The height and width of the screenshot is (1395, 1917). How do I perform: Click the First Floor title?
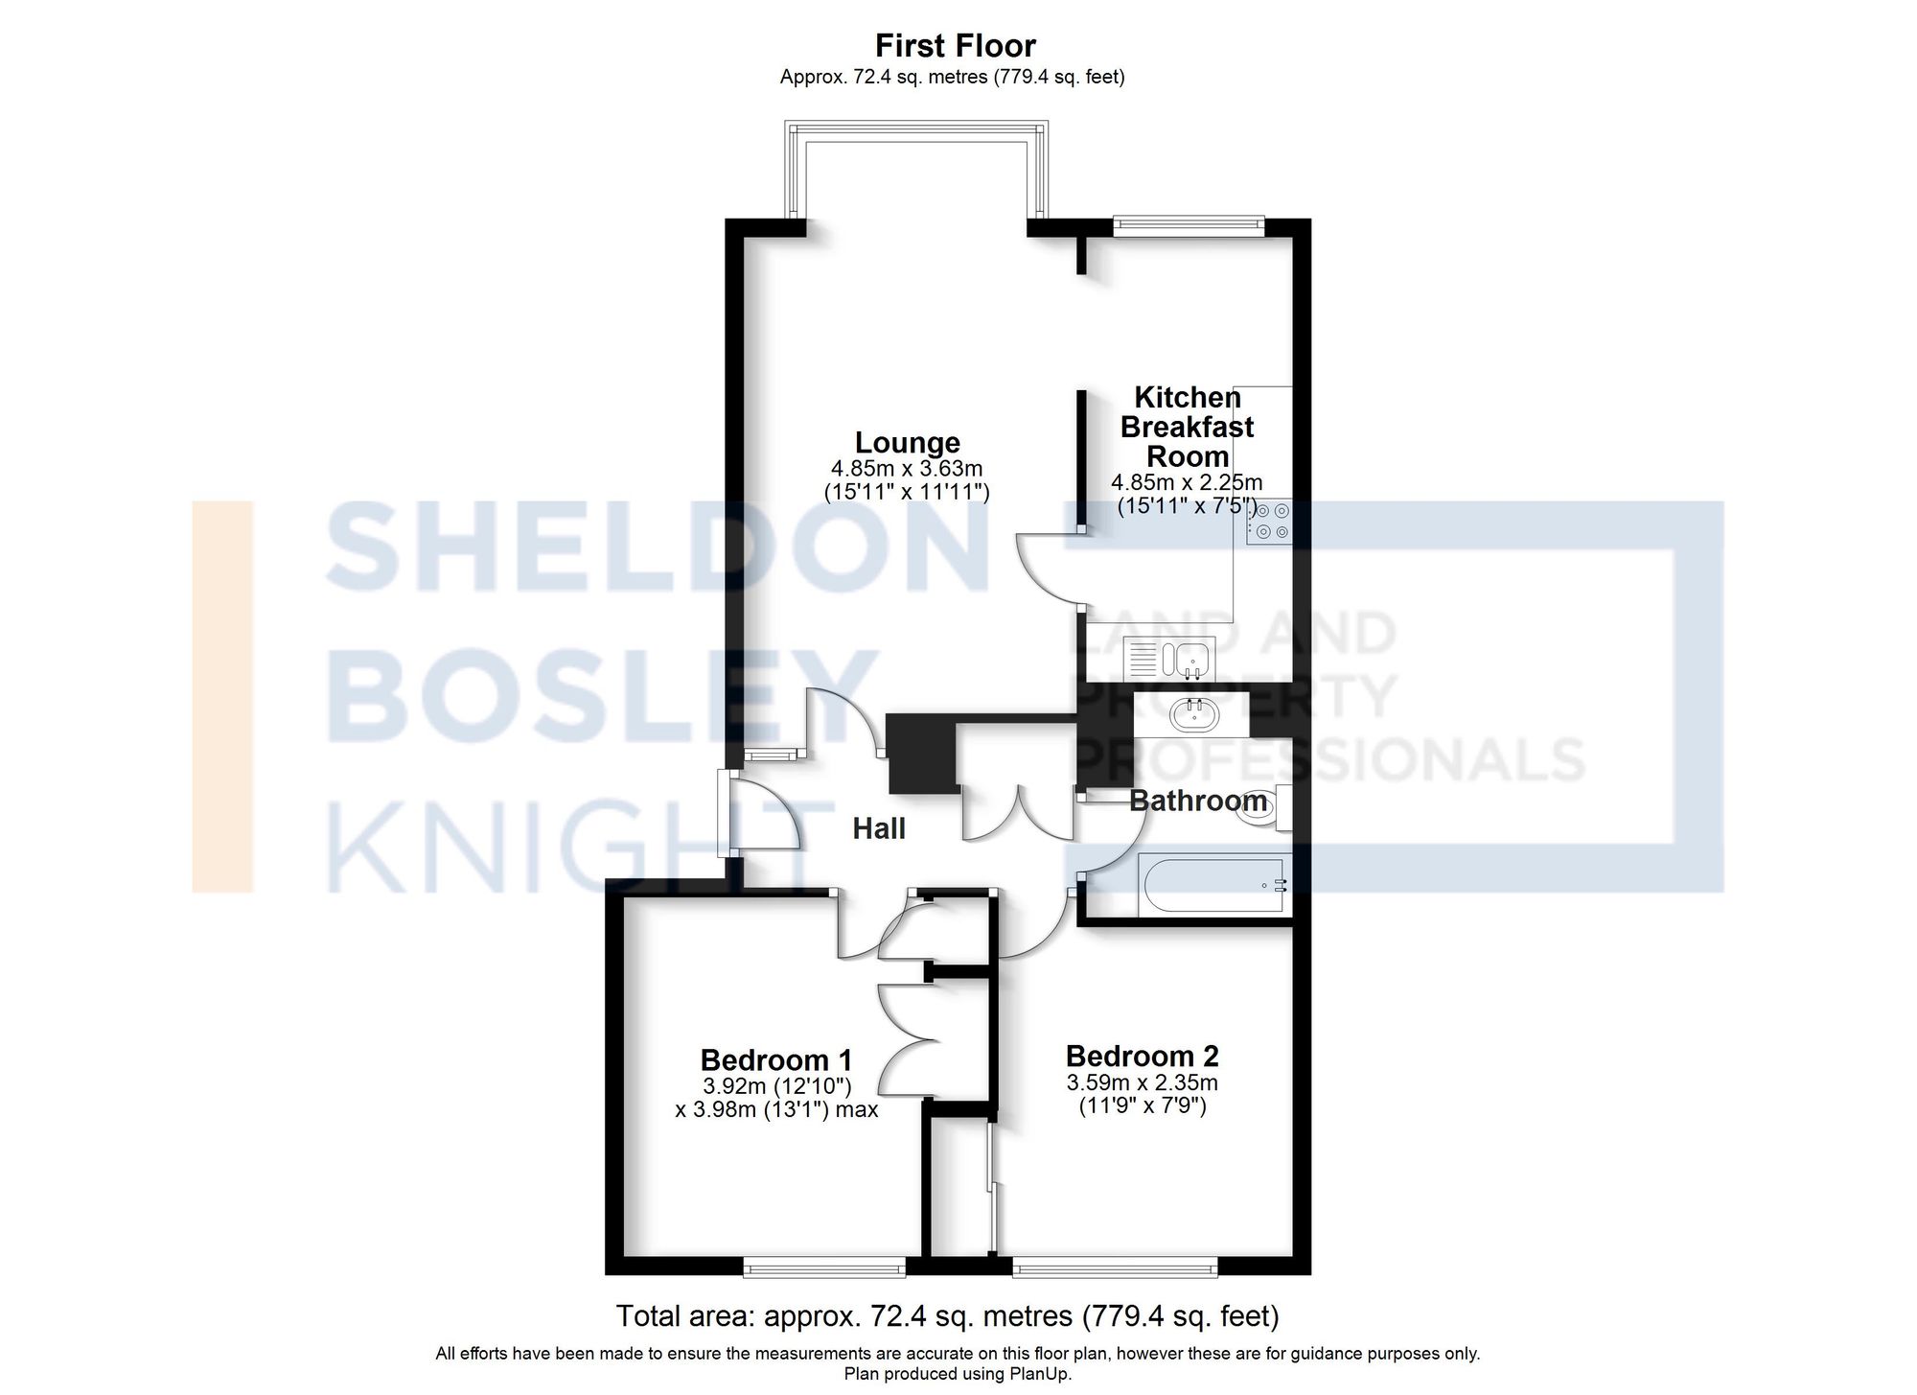[955, 45]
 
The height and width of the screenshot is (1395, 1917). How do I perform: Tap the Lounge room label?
[907, 442]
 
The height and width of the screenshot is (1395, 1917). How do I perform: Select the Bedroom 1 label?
[775, 1059]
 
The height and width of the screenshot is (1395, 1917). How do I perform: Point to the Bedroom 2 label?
[1142, 1056]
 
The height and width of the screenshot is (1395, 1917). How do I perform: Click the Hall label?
[878, 828]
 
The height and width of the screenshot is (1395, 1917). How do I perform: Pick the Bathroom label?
[1197, 801]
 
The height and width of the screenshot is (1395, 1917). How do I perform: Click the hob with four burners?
[1269, 523]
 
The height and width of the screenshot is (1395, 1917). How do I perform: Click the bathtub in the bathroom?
[1213, 885]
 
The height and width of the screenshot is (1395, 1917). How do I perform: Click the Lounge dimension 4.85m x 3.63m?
[907, 469]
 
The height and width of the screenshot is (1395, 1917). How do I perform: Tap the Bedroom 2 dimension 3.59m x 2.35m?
[1142, 1082]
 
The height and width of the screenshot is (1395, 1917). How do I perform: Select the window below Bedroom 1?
[823, 1269]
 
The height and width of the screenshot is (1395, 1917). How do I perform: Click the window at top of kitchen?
[1189, 225]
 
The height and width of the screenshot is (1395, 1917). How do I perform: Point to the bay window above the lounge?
[915, 134]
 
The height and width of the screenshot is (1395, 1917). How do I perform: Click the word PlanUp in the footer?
[1038, 1374]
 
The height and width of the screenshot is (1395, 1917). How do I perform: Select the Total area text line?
[947, 1315]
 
